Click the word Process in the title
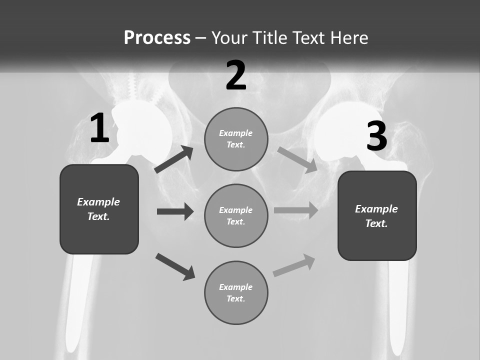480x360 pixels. [157, 38]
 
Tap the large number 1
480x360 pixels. [99, 128]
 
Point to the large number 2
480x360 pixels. [236, 75]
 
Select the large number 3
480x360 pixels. [376, 136]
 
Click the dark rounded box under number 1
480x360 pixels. [99, 209]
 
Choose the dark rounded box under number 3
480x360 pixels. [377, 215]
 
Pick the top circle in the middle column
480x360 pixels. [236, 139]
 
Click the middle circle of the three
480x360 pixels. [236, 215]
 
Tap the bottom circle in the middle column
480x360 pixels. [236, 292]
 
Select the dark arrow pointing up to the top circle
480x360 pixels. [174, 159]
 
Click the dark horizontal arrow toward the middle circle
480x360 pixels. [175, 211]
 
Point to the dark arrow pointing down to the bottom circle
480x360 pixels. [175, 266]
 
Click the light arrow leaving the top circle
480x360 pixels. [297, 159]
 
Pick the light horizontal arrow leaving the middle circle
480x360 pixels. [296, 210]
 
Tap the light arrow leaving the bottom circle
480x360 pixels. [294, 265]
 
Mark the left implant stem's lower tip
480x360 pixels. [72, 345]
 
